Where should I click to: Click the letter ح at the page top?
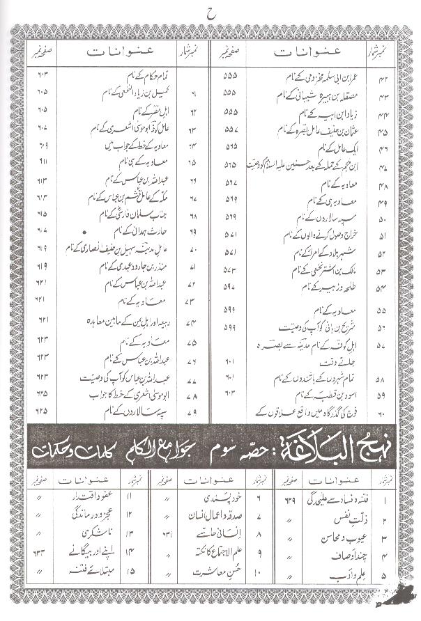point(211,14)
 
